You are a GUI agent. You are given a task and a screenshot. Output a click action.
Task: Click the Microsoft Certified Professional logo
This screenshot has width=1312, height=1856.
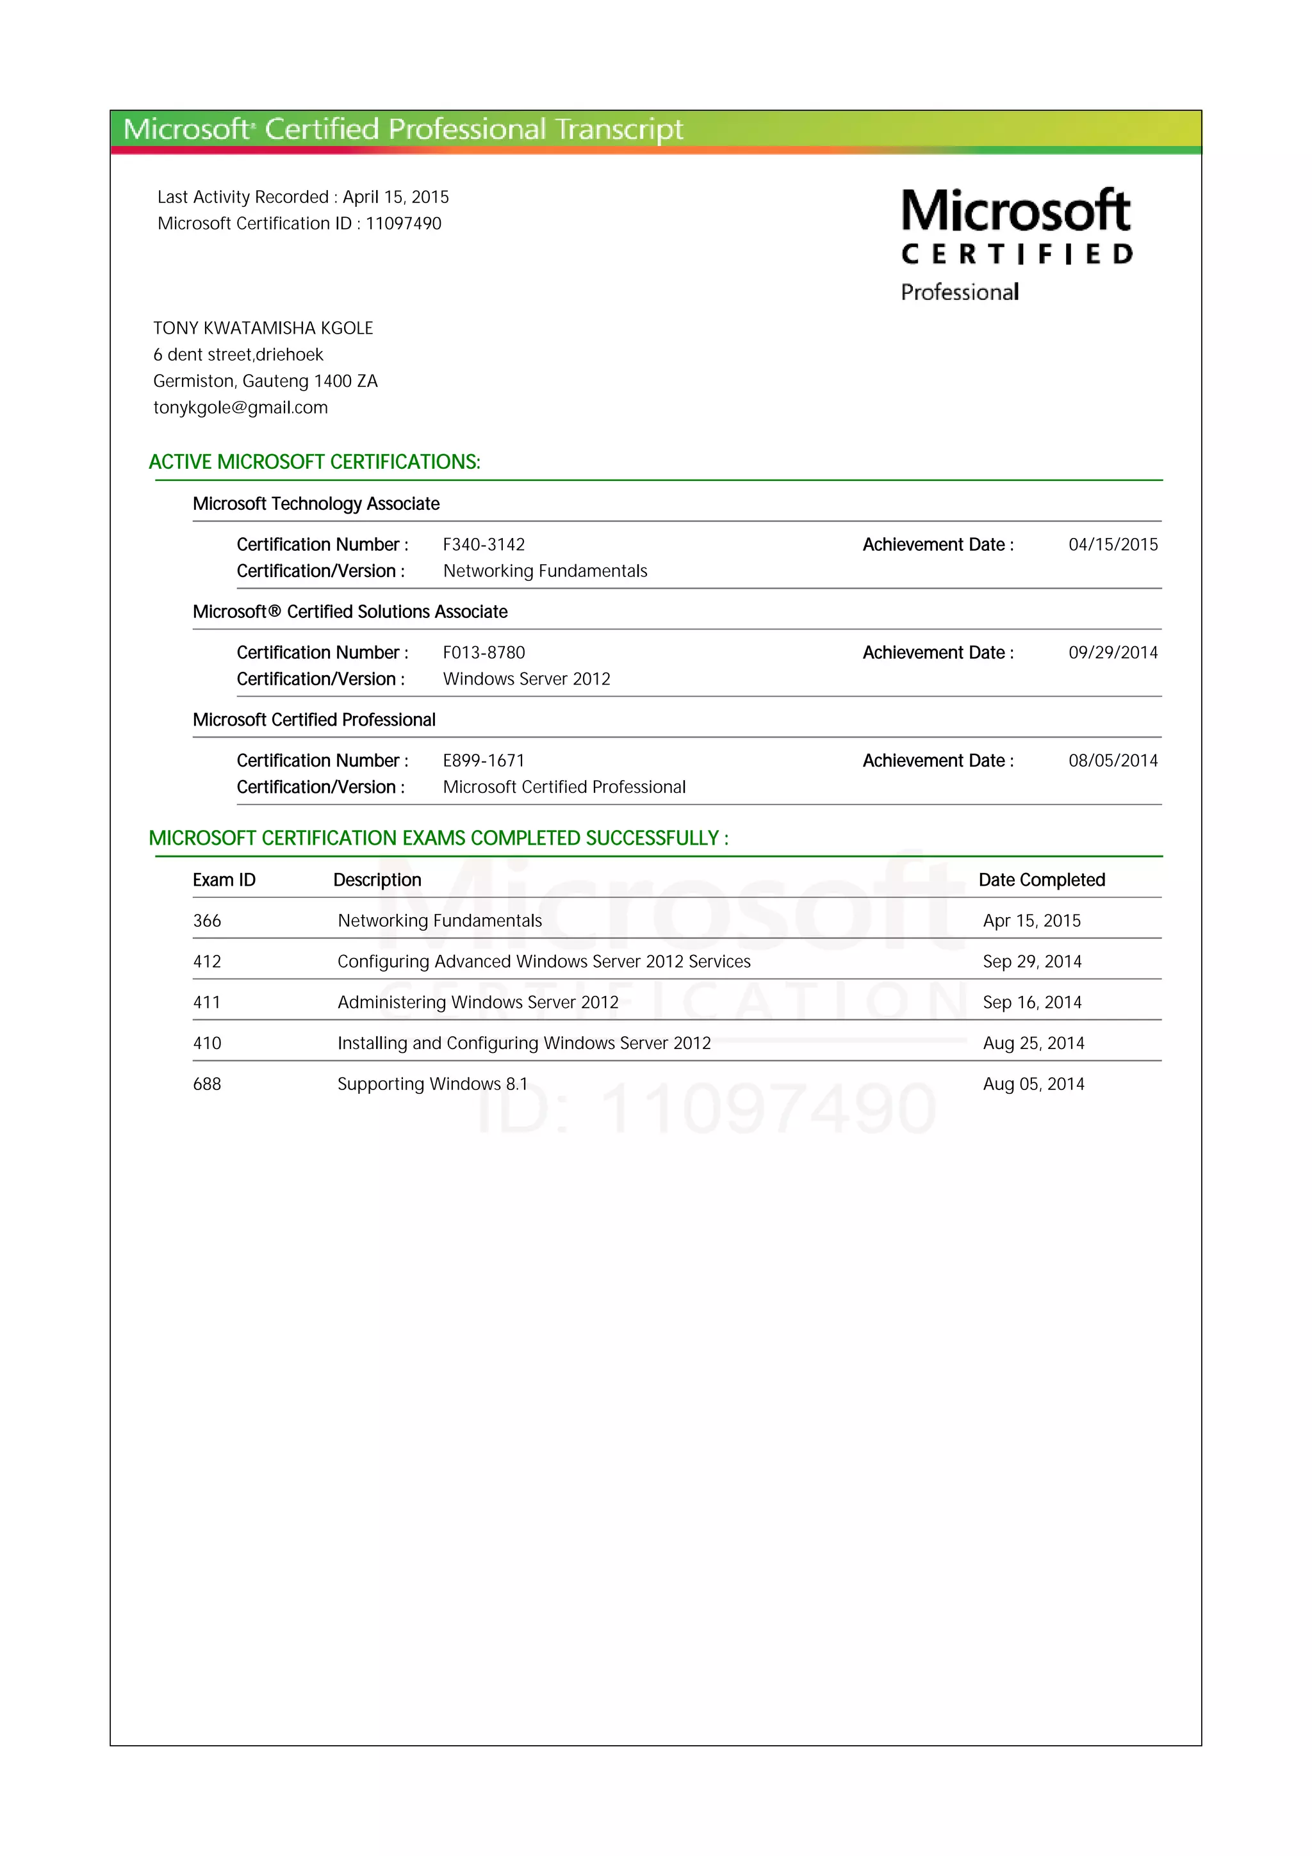click(1016, 243)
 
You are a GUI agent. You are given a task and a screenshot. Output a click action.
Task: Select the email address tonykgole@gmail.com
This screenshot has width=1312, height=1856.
click(240, 407)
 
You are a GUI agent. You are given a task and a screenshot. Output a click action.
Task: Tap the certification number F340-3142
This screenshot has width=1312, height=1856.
click(484, 545)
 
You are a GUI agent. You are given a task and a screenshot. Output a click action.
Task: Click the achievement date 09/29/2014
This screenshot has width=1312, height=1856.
click(1112, 653)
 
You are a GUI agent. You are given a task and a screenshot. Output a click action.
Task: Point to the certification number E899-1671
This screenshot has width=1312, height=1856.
click(484, 761)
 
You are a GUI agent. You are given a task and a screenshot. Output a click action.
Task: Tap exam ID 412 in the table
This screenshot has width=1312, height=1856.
click(207, 961)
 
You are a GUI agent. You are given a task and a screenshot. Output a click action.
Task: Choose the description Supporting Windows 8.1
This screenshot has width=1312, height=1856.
click(432, 1084)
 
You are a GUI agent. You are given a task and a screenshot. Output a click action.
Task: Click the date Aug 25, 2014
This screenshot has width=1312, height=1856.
click(1033, 1043)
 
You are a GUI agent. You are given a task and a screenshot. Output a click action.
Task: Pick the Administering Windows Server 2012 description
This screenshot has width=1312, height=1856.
click(478, 1002)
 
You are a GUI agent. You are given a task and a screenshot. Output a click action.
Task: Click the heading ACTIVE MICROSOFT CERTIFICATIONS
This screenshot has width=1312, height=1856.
click(315, 462)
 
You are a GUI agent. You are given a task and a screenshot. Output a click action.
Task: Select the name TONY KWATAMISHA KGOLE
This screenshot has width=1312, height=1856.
click(263, 328)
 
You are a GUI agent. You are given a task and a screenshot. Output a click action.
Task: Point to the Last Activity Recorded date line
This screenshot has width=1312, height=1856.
click(303, 197)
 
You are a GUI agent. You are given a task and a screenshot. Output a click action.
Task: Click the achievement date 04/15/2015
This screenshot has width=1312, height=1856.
click(1112, 545)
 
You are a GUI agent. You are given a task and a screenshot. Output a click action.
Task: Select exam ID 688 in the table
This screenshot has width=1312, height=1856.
click(207, 1084)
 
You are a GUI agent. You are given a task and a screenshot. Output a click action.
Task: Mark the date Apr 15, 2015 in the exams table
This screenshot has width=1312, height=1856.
click(1031, 921)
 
